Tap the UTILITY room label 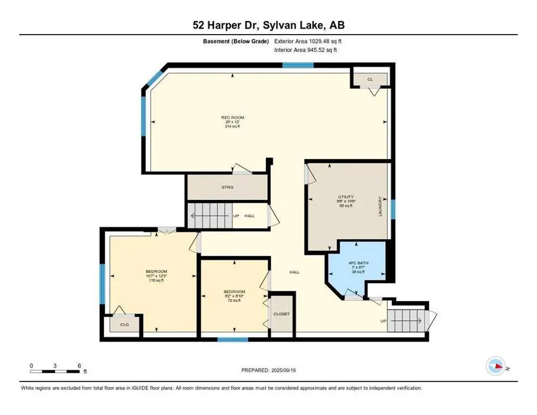tap(346, 197)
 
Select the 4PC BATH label tap(356, 263)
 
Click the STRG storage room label tap(227, 187)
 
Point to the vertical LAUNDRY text tap(380, 206)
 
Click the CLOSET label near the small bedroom tap(281, 314)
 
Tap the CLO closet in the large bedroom tap(124, 325)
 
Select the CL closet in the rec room tap(370, 79)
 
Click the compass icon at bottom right tap(495, 366)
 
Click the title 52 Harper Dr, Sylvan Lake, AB tap(268, 25)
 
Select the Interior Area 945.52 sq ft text tap(305, 50)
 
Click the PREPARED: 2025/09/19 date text tap(269, 370)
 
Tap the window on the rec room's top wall tap(298, 65)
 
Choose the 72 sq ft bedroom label tap(234, 296)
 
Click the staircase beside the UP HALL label tap(209, 216)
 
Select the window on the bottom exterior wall tap(232, 339)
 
